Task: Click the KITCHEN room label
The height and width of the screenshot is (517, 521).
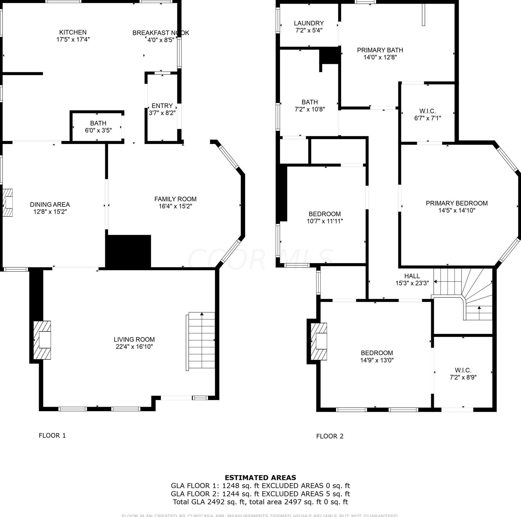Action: pos(73,32)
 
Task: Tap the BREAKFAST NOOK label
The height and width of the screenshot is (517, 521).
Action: pos(161,33)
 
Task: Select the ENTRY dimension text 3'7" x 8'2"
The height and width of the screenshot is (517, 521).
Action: pos(162,113)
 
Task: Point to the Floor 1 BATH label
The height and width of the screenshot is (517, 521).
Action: pos(98,123)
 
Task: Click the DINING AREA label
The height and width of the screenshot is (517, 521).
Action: pos(50,204)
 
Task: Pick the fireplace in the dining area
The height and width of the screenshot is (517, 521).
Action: pos(8,202)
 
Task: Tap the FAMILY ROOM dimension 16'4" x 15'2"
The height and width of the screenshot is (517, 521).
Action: pos(175,206)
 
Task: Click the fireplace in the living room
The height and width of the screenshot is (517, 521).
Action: pos(42,340)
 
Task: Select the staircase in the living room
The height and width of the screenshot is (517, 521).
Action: pos(201,341)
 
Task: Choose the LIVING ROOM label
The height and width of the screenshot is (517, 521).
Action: pos(134,339)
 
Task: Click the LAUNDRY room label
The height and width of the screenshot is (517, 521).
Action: pos(309,23)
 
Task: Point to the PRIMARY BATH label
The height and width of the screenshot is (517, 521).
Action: pos(380,50)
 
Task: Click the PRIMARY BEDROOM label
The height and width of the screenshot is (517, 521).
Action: pos(457,203)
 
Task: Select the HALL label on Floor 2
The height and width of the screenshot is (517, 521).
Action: pos(412,276)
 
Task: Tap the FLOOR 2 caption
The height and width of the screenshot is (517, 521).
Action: pos(330,436)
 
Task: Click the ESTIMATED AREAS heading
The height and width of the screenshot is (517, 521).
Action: pos(260,478)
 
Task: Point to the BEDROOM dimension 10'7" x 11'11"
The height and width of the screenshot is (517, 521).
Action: pos(325,221)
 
